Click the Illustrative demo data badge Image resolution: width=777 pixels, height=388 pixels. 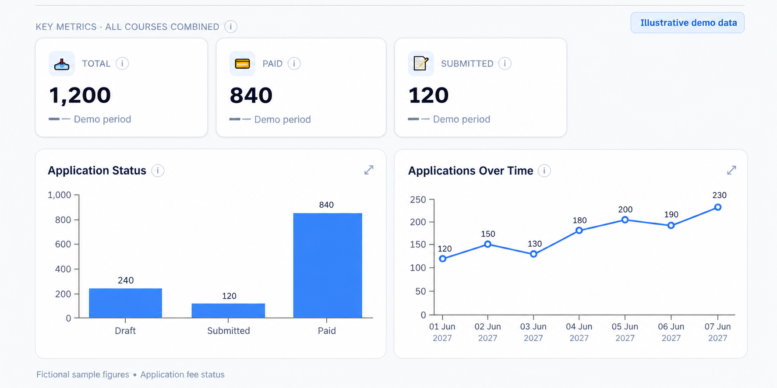pyautogui.click(x=687, y=23)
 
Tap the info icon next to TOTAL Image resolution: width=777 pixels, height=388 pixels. pyautogui.click(x=122, y=63)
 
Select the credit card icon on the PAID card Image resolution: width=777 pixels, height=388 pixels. pyautogui.click(x=242, y=64)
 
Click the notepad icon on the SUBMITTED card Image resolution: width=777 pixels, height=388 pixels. pyautogui.click(x=420, y=63)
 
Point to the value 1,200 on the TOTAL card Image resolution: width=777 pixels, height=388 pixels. pyautogui.click(x=80, y=95)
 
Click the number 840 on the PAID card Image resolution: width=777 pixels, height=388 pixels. pyautogui.click(x=251, y=95)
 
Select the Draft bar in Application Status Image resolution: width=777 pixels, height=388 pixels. pyautogui.click(x=125, y=303)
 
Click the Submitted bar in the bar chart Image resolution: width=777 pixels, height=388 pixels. pyautogui.click(x=228, y=311)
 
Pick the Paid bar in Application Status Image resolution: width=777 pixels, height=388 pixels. pyautogui.click(x=328, y=266)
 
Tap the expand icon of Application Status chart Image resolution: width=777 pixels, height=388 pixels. pyautogui.click(x=369, y=170)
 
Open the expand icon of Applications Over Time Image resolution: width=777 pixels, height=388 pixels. pyautogui.click(x=731, y=170)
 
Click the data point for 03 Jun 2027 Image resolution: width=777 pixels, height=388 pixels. pyautogui.click(x=533, y=254)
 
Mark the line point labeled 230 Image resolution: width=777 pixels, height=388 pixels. pyautogui.click(x=718, y=207)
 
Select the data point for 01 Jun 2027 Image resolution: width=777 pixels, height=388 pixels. pyautogui.click(x=443, y=259)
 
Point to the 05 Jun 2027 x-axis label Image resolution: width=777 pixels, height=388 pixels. pyautogui.click(x=625, y=332)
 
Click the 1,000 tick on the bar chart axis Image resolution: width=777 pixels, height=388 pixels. pyautogui.click(x=59, y=195)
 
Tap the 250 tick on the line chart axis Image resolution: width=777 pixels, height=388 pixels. pyautogui.click(x=418, y=199)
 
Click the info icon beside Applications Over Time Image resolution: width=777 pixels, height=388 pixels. pyautogui.click(x=544, y=171)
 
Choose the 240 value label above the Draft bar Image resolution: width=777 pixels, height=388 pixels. pyautogui.click(x=126, y=280)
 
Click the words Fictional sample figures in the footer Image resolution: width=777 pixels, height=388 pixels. pyautogui.click(x=83, y=374)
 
